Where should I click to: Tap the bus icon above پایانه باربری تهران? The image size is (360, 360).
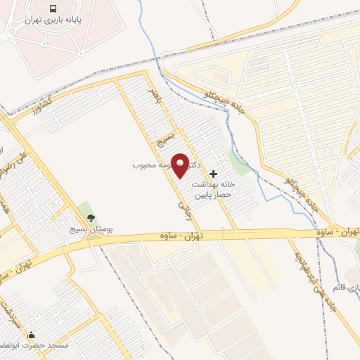coord(53,9)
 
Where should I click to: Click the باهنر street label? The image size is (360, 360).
coord(155,97)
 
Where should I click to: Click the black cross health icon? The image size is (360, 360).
coord(214,173)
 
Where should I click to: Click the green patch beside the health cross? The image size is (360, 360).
coord(240,165)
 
